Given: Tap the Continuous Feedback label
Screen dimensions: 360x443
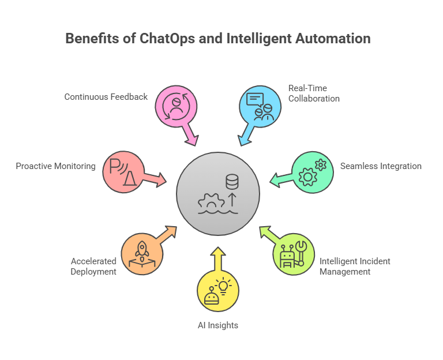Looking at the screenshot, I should pos(106,97).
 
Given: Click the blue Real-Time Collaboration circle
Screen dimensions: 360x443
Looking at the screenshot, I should pos(259,104).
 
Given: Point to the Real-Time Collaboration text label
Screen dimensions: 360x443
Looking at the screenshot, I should pos(314,93).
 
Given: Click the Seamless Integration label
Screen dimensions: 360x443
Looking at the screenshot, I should pos(381,166).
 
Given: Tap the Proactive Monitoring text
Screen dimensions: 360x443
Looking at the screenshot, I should pos(55,166).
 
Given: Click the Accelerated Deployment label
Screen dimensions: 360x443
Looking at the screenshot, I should pos(93,267).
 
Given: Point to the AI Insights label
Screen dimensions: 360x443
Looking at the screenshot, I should pos(217,325).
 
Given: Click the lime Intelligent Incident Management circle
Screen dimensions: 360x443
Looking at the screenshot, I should pos(293,254).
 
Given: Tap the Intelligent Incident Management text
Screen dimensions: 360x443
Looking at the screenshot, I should pos(355,267).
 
